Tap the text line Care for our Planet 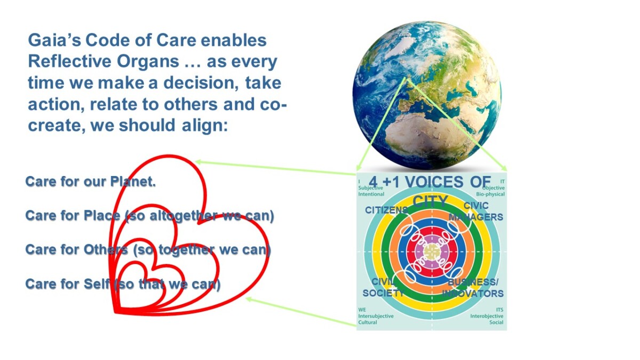pos(91,182)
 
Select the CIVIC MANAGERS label pos(476,212)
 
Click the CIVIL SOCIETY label pos(383,287)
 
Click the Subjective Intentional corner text pos(371,190)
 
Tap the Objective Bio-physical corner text pos(493,190)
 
